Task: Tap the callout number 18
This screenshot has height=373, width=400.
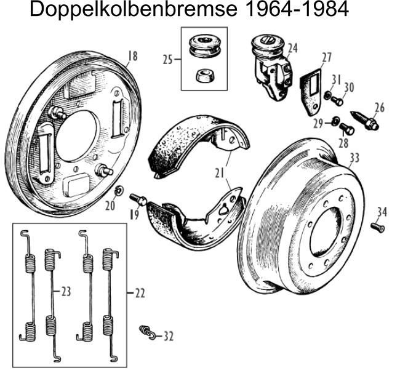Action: (132, 57)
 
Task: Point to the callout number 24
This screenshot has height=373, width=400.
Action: (292, 47)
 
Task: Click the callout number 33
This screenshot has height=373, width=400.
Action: (354, 158)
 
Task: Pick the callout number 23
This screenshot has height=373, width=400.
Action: (65, 291)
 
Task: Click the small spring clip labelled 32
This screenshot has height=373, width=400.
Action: (145, 332)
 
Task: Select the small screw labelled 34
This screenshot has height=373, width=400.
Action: (378, 228)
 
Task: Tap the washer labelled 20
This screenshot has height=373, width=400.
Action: (119, 188)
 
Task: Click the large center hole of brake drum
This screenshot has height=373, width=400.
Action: (324, 231)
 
